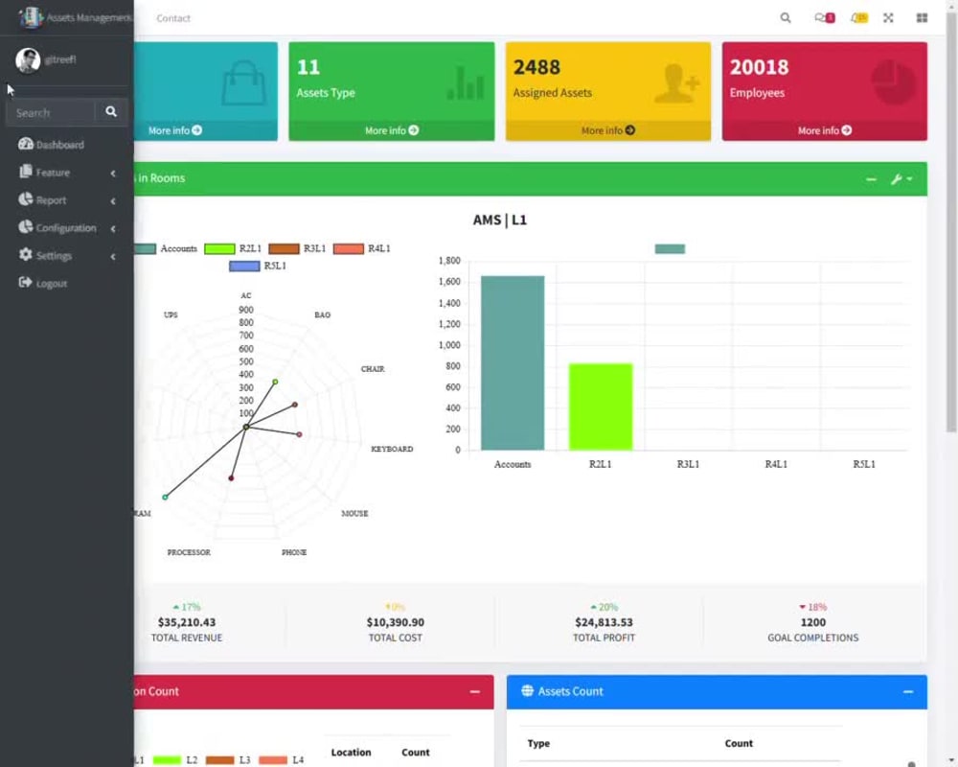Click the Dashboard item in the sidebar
pos(59,145)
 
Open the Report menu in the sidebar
pos(52,200)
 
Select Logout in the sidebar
pos(52,284)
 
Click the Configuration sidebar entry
pos(65,228)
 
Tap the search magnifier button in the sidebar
pos(111,112)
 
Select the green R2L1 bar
pos(601,407)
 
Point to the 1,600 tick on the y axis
pos(449,282)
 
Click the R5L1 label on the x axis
pos(864,464)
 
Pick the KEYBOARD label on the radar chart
pos(392,449)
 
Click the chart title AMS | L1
pos(500,220)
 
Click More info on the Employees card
pos(824,130)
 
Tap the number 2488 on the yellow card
pos(536,67)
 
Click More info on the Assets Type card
pos(391,130)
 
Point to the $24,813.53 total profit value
pos(604,622)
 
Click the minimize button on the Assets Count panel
pos(908,691)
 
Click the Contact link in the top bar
pos(173,18)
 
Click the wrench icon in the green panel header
pos(897,179)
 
